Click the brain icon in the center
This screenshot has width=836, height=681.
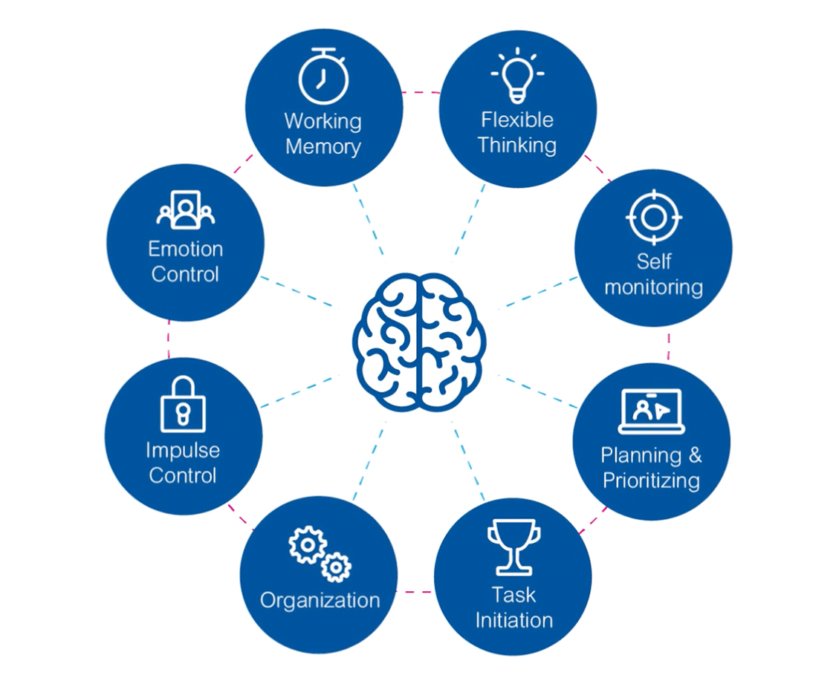[419, 341]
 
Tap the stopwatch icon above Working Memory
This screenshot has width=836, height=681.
[323, 76]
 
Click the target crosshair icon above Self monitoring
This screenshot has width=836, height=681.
[654, 217]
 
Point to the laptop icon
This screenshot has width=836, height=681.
[652, 411]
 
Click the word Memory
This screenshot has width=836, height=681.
[323, 146]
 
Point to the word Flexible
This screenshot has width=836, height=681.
[517, 120]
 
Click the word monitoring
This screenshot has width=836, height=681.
[653, 287]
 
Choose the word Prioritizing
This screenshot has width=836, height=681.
[651, 480]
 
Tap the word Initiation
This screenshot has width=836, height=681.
[513, 620]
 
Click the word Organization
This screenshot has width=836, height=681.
[320, 600]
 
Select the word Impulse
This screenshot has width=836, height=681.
[183, 450]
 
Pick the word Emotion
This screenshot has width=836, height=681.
[185, 248]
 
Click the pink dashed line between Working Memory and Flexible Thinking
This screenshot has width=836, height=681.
[421, 93]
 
